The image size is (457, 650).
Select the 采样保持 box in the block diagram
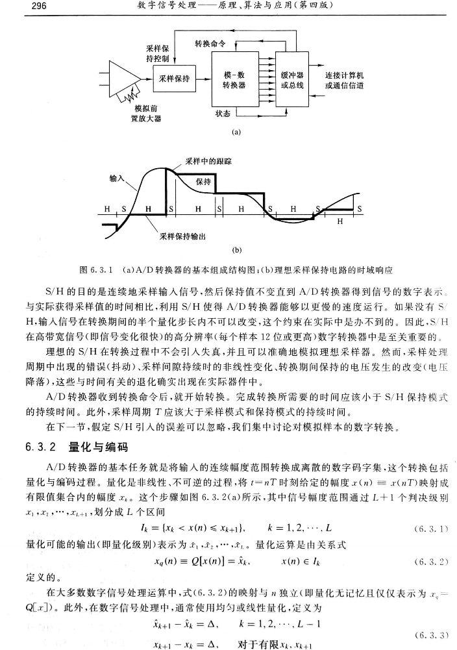click(x=174, y=79)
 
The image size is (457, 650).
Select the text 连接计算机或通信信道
click(x=344, y=80)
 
